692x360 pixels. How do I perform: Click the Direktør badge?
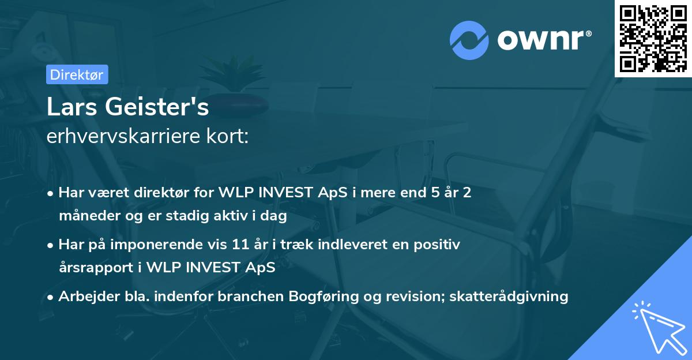(x=77, y=74)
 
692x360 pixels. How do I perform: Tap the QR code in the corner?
(x=653, y=38)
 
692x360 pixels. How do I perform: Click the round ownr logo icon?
(x=469, y=40)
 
